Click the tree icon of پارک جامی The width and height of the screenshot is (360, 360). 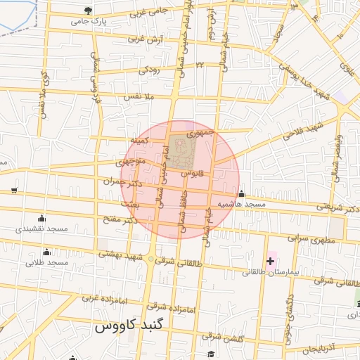88,11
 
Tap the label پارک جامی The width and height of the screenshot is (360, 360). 89,21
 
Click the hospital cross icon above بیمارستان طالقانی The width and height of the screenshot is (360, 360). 271,262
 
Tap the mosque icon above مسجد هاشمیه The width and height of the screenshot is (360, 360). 242,194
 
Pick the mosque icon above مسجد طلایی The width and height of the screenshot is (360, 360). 47,252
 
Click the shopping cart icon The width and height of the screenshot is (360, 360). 14,191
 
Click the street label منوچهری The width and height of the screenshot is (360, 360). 131,162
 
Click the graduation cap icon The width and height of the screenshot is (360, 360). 210,354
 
